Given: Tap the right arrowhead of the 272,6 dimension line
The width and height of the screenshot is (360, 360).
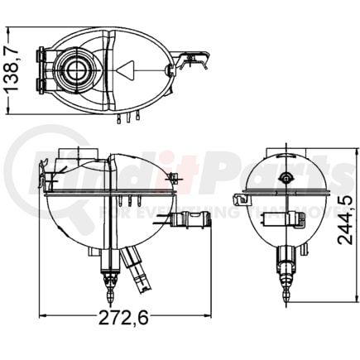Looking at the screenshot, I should (x=207, y=316).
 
